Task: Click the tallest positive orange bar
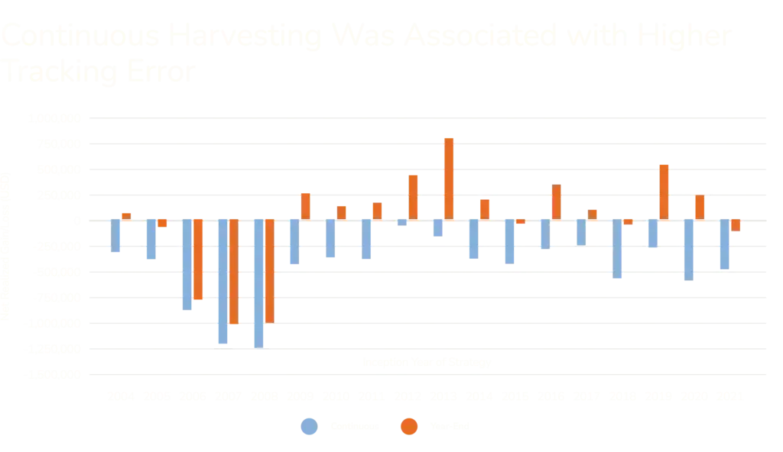coord(449,178)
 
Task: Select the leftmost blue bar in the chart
coord(115,237)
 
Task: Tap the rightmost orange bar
coord(736,225)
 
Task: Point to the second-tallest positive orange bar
coord(664,191)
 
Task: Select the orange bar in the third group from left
coord(199,260)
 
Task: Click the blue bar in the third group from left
coord(187,265)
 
